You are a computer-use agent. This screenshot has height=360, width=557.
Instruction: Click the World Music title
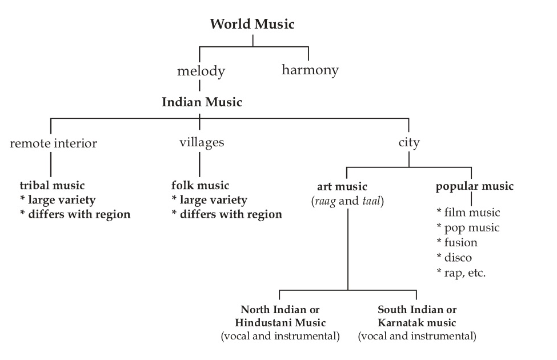pos(252,24)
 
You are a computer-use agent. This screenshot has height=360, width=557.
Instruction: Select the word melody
pos(201,71)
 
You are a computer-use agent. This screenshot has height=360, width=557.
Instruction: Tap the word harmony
pos(310,70)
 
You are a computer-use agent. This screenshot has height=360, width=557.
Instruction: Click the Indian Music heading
pos(202,103)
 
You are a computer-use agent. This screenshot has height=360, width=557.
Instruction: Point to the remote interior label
pos(53,143)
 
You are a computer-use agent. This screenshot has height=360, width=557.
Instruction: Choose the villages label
pos(201,142)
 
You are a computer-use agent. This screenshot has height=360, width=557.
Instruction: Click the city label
pos(408,142)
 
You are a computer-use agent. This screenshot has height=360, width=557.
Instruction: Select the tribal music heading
pos(52,185)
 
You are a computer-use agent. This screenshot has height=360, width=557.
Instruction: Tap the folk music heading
pos(200,185)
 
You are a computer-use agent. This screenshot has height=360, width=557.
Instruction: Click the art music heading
pos(342,186)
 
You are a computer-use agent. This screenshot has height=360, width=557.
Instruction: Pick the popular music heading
pos(474,186)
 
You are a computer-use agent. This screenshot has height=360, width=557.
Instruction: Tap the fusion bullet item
pos(460,242)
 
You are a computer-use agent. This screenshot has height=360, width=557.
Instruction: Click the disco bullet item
pos(458,258)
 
